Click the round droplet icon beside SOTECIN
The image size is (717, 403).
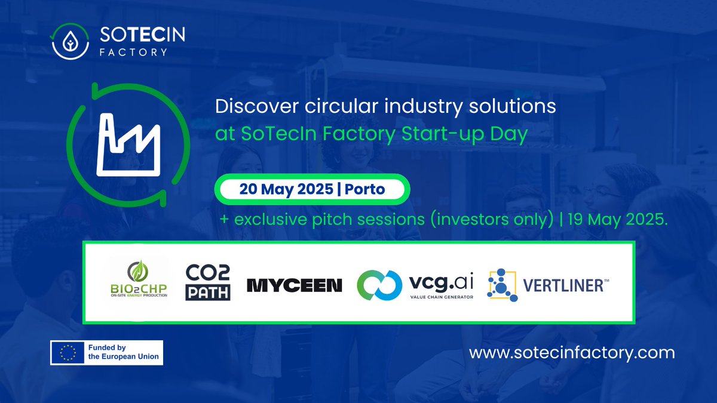(x=71, y=42)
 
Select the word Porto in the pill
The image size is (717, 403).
(x=364, y=190)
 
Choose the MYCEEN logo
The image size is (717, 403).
(x=295, y=285)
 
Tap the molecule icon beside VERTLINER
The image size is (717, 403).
(x=502, y=285)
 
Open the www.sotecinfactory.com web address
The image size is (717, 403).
(x=572, y=353)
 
